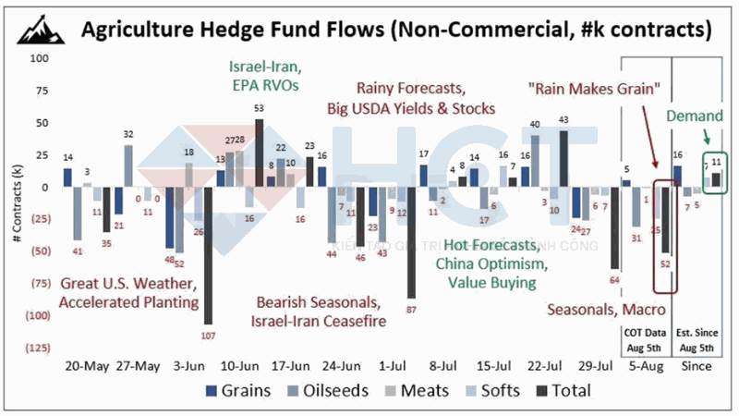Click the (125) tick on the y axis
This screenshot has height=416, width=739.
tap(37, 348)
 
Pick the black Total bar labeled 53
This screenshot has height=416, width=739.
tap(259, 153)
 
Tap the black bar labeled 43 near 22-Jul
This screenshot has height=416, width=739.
tap(563, 158)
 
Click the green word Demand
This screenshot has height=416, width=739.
tap(694, 118)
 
